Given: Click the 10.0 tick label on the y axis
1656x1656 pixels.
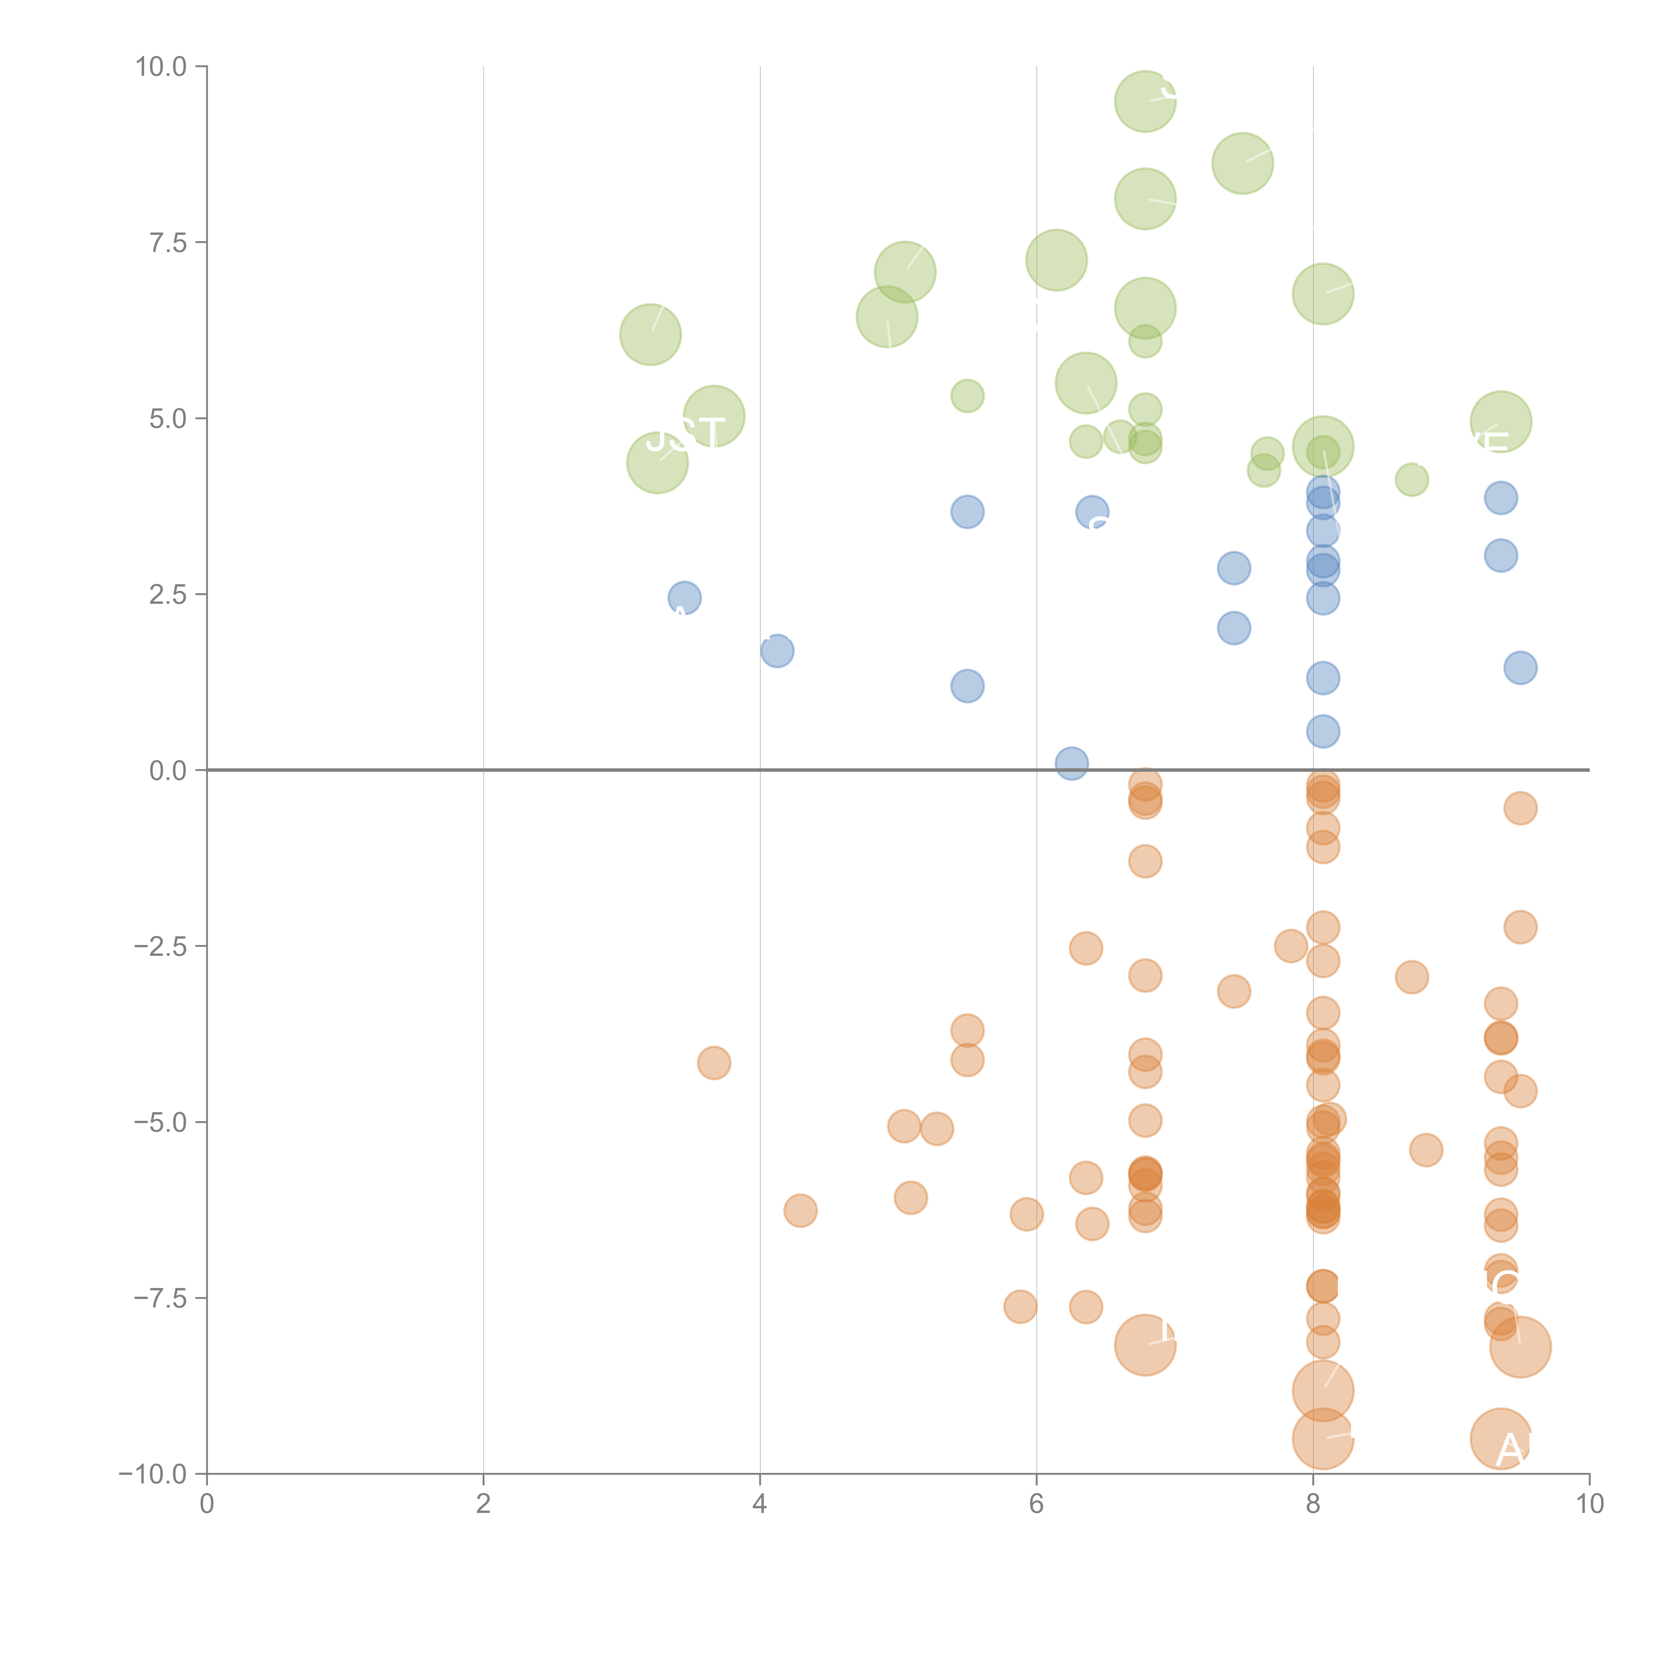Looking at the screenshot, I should pos(161,67).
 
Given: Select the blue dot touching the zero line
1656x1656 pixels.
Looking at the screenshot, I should pos(1071,763).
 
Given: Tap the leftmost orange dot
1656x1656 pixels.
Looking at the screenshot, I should pos(714,1063).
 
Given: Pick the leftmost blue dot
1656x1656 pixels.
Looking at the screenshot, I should pos(684,597).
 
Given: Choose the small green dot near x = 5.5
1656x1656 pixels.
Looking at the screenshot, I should pos(967,396).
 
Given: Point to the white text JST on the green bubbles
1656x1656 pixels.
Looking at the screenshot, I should pos(685,435).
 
